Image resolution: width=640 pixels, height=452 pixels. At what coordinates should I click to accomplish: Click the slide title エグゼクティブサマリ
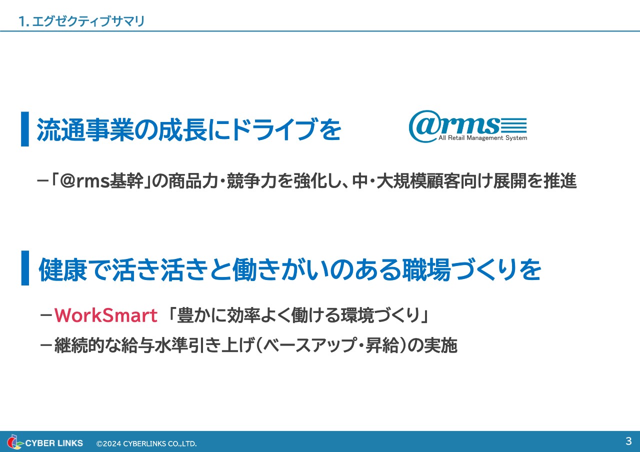click(87, 21)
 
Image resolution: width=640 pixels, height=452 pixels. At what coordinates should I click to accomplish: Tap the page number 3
click(628, 441)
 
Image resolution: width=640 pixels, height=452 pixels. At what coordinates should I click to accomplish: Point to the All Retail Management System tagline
click(482, 138)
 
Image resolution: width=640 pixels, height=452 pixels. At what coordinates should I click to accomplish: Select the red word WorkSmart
click(106, 315)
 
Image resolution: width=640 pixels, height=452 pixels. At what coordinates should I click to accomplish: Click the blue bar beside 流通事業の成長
click(25, 129)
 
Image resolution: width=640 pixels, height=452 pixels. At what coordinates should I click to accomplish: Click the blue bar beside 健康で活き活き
click(25, 268)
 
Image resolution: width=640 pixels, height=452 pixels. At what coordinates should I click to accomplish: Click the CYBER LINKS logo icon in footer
click(15, 442)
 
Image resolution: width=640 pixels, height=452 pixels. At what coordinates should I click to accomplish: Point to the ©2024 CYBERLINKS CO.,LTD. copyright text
click(146, 443)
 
